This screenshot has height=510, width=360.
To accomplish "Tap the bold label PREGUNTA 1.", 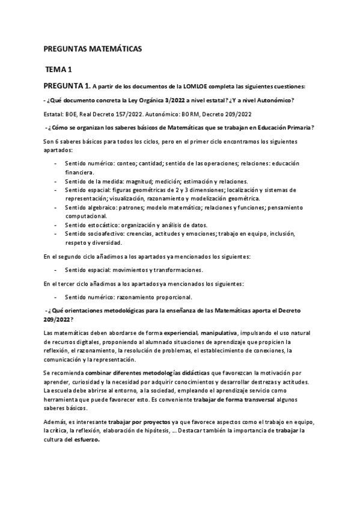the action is point(68,85).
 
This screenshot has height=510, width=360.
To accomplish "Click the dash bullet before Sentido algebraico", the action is point(56,207).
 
